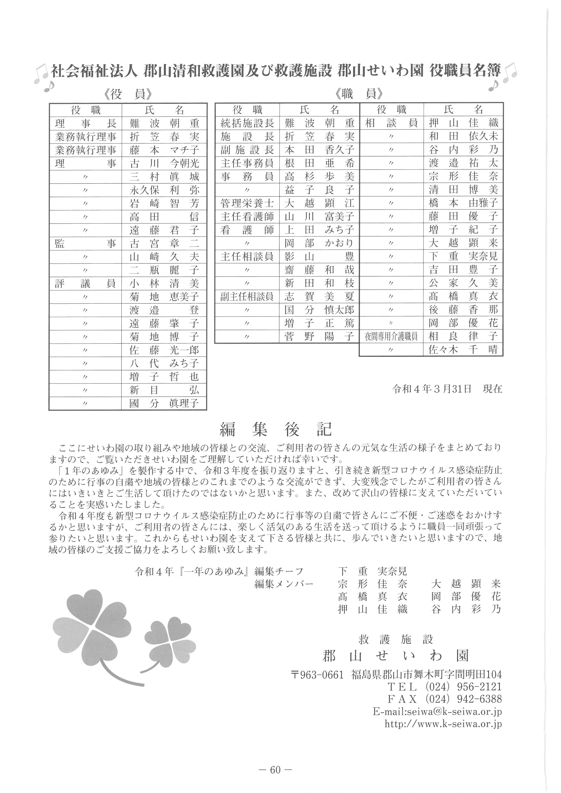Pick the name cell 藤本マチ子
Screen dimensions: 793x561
coord(164,150)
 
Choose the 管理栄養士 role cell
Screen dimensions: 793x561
coord(247,203)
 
